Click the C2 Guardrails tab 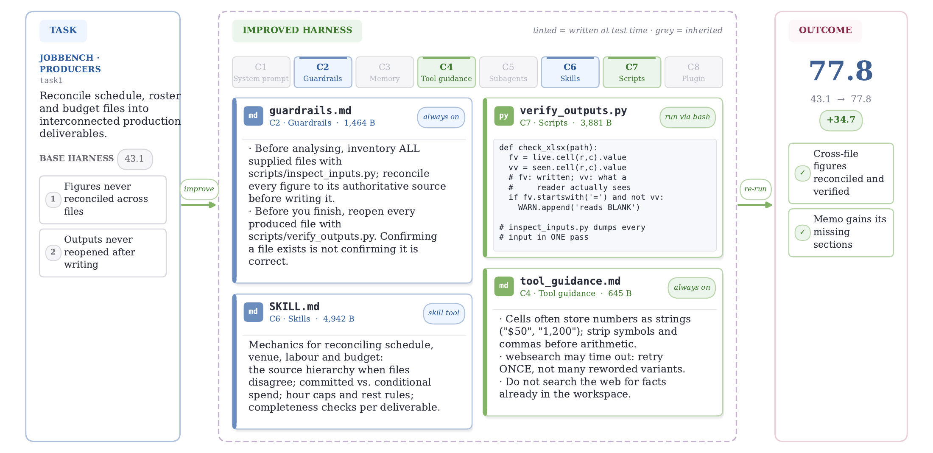point(323,72)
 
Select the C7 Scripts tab point(632,72)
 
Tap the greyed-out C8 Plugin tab point(693,72)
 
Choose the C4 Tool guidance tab point(447,72)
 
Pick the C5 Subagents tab point(508,72)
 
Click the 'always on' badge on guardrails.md point(441,117)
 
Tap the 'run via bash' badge point(687,117)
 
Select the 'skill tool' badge point(444,313)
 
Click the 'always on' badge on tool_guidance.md point(692,288)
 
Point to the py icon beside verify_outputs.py point(504,116)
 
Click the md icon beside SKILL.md point(253,312)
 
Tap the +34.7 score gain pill point(841,120)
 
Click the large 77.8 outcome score point(841,71)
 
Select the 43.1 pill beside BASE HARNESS point(134,159)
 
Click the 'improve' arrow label point(199,189)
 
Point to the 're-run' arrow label point(755,189)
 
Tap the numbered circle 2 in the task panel point(53,252)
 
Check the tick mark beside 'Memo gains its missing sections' point(802,232)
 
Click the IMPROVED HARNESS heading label point(297,31)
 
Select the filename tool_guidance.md point(570,281)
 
